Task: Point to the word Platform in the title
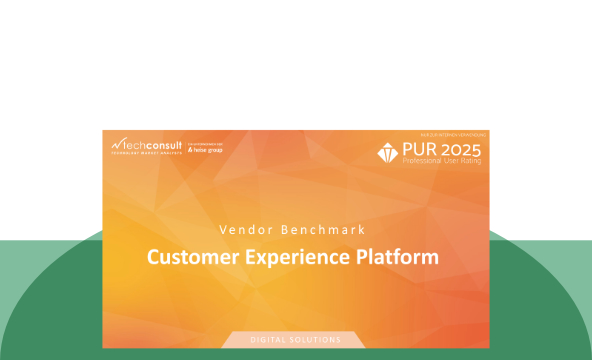(400, 257)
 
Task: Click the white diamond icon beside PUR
(387, 153)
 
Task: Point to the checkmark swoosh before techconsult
(117, 143)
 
